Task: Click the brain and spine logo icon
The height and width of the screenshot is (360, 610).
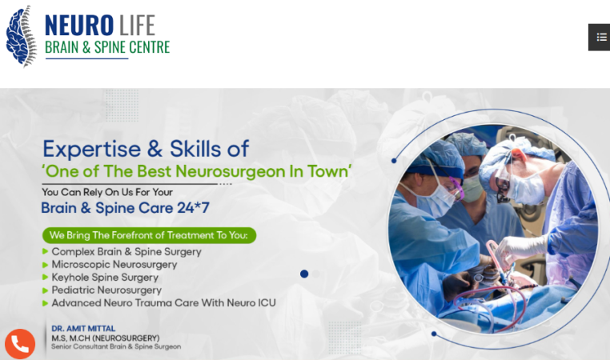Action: click(x=22, y=36)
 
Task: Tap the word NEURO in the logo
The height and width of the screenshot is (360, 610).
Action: click(x=79, y=26)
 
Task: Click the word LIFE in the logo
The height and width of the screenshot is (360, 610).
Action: click(x=137, y=26)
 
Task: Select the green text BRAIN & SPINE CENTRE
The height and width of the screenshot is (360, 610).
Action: click(x=107, y=47)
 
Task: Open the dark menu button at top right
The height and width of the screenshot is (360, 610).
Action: click(x=599, y=38)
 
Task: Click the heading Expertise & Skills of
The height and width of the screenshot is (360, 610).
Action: click(x=146, y=149)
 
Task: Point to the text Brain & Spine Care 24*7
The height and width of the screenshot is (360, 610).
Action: click(x=125, y=208)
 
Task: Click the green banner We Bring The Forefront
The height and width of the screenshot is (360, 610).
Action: click(x=149, y=235)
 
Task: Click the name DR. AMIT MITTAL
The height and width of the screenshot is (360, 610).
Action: click(x=83, y=329)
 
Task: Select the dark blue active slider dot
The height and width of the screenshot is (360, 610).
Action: click(x=304, y=274)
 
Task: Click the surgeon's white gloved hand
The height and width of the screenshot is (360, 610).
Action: click(x=521, y=248)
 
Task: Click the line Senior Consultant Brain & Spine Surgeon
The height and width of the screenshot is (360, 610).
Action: click(x=116, y=346)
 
